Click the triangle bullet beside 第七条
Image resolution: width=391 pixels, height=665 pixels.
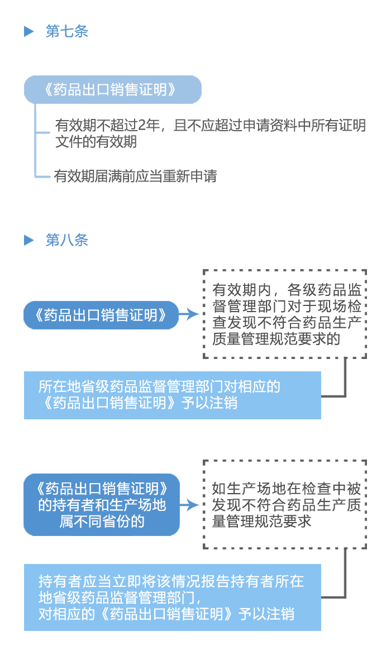[30, 31]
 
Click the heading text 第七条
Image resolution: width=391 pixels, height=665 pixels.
[66, 31]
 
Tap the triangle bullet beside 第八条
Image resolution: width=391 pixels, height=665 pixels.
[30, 240]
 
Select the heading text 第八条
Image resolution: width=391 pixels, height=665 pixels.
[66, 240]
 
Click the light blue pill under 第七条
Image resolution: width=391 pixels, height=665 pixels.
[112, 90]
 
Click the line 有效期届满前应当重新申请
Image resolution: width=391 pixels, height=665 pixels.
[136, 176]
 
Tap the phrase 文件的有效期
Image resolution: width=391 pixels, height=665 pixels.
[96, 142]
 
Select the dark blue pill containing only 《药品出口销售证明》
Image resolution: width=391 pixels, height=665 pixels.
[101, 315]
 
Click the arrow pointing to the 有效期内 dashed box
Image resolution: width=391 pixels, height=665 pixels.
[190, 314]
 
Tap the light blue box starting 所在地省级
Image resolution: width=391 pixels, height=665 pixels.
[172, 394]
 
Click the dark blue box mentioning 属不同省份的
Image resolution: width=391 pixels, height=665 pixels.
[102, 505]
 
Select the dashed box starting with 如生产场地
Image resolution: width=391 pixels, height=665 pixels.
[284, 504]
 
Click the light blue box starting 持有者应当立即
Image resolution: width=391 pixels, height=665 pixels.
[172, 597]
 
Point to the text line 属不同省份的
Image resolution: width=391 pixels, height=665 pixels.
[102, 522]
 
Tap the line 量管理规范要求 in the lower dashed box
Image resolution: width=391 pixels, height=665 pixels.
[261, 522]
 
